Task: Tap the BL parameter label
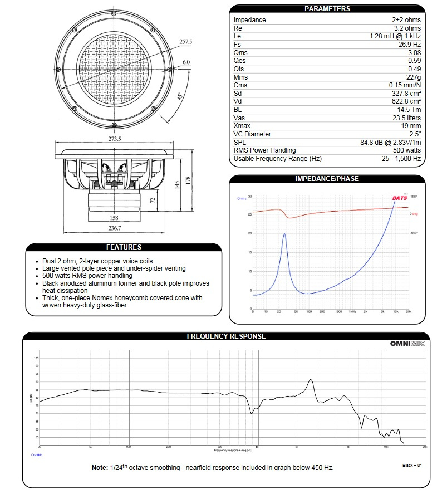click(x=238, y=110)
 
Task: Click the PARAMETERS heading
click(x=327, y=9)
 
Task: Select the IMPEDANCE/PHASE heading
click(x=327, y=179)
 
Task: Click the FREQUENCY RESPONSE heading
click(x=226, y=336)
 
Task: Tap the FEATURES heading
click(x=124, y=247)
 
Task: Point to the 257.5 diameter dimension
click(x=185, y=42)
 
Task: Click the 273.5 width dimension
click(x=115, y=138)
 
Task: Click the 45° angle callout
click(x=179, y=96)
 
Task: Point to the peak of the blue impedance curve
click(x=285, y=234)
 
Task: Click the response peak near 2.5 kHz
click(x=310, y=380)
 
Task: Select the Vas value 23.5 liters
click(x=406, y=118)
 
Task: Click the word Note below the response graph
click(x=99, y=468)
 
